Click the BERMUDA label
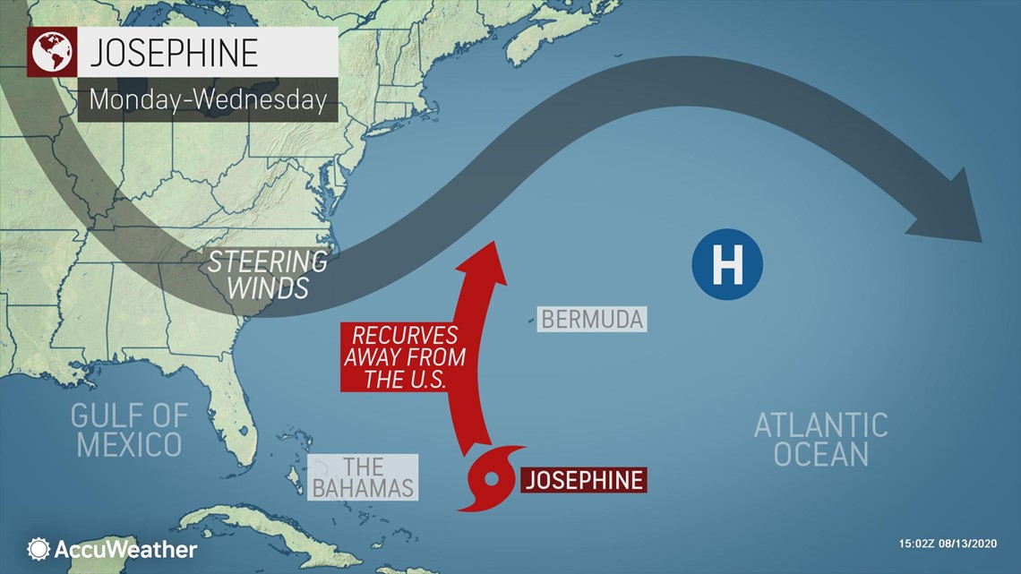coord(592,319)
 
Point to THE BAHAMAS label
coord(362,476)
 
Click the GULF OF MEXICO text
coord(130,429)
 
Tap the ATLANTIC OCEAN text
coord(820,439)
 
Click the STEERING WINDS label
coord(267,275)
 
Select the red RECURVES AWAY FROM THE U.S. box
coord(404,357)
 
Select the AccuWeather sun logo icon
coord(39,549)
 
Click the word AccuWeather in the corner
coord(125,549)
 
